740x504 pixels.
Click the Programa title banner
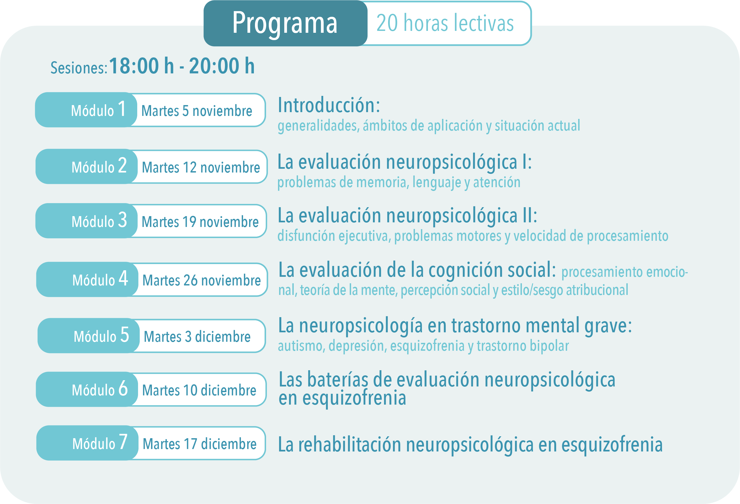(x=285, y=23)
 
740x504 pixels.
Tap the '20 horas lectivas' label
(x=445, y=23)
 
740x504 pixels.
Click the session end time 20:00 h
(x=222, y=66)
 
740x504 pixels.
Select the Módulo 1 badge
(x=86, y=110)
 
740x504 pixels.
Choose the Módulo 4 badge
(x=88, y=279)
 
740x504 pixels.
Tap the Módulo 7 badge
(x=88, y=443)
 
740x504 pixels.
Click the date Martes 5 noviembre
(x=197, y=111)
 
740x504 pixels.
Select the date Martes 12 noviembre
(x=201, y=167)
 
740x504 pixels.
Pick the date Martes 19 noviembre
(x=200, y=222)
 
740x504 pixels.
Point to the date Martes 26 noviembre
(x=202, y=280)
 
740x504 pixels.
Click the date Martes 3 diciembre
(x=197, y=337)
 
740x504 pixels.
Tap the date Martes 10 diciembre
(x=199, y=390)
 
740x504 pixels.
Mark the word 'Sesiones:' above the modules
(x=79, y=68)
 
